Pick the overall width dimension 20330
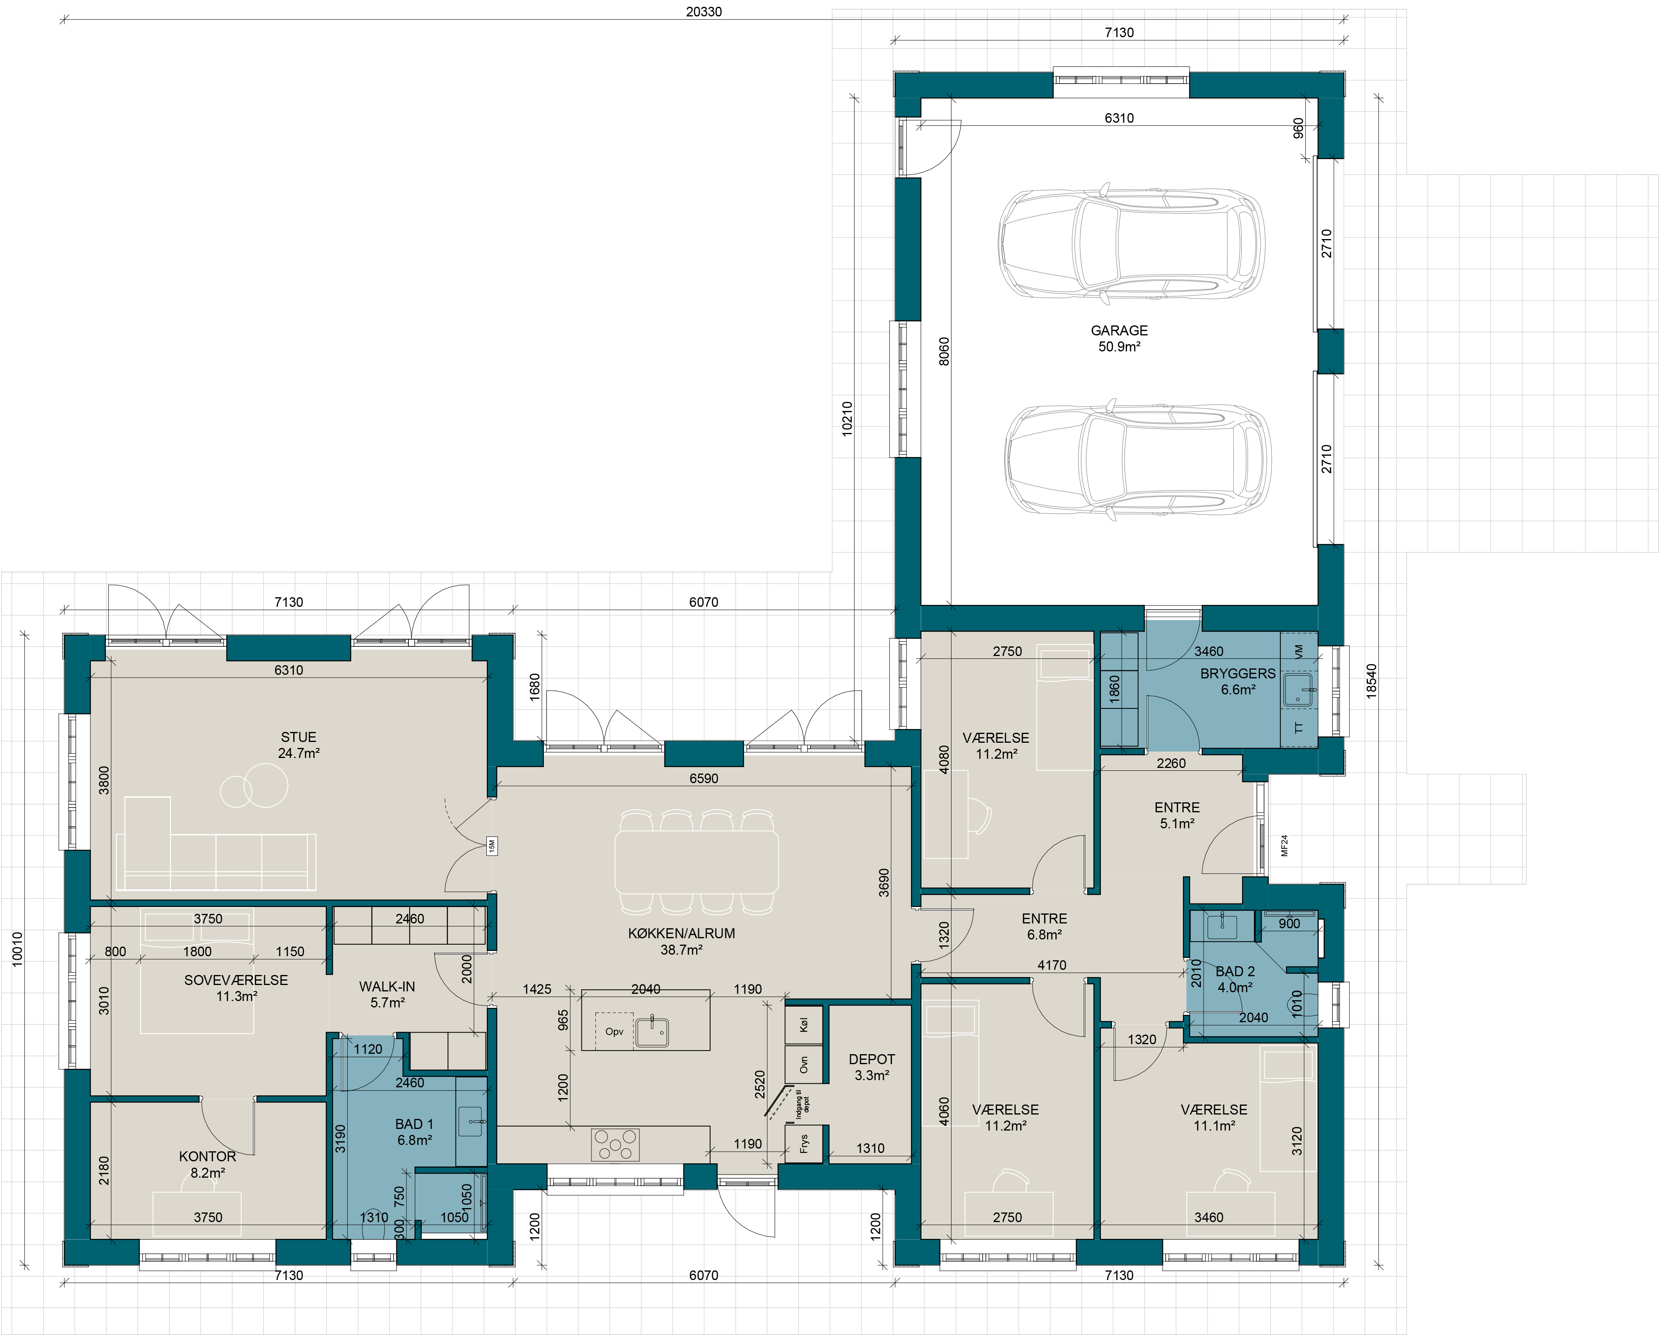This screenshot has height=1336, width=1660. pos(704,12)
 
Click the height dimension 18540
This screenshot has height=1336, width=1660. pos(1371,681)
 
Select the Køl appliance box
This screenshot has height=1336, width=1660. pos(804,1025)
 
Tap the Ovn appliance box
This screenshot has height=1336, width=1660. pos(804,1064)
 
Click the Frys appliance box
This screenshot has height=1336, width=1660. pos(804,1143)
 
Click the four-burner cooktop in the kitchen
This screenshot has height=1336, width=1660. pos(615,1144)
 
